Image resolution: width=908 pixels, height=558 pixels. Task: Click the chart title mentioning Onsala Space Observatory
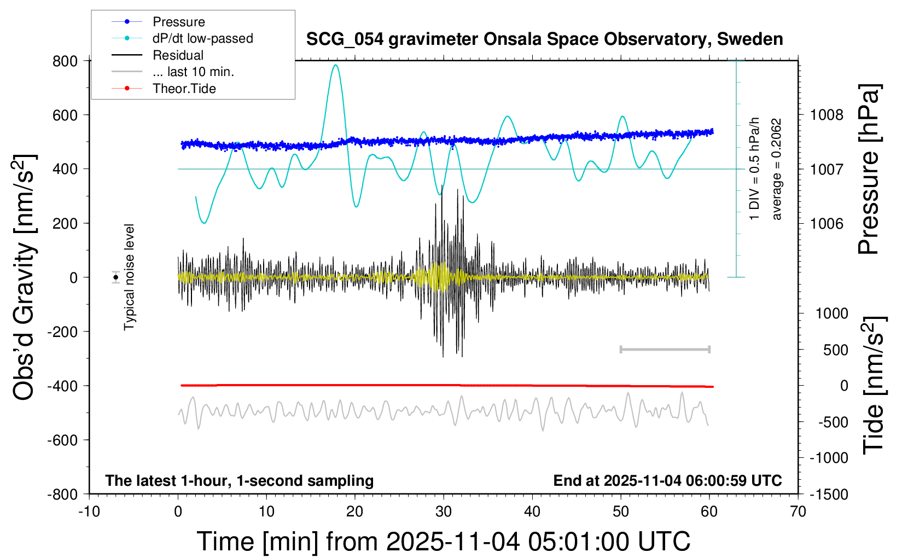point(544,39)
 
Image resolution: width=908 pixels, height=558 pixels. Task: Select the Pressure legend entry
point(178,22)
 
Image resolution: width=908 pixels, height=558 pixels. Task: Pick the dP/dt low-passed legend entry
point(202,38)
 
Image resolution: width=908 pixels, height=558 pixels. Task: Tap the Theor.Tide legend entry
point(184,89)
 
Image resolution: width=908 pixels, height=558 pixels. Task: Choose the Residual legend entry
point(178,55)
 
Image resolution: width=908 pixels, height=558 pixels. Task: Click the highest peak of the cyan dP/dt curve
point(335,65)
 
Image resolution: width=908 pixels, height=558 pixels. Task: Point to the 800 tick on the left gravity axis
point(65,61)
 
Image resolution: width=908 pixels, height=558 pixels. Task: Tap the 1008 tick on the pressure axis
point(826,115)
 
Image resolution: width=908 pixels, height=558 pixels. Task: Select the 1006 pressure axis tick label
point(826,223)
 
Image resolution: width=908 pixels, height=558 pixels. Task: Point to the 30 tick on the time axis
point(444,512)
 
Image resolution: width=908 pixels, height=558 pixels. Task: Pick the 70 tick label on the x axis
point(798,512)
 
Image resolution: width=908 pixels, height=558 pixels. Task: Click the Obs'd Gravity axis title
point(25,277)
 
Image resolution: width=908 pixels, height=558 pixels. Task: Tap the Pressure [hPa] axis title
point(868,170)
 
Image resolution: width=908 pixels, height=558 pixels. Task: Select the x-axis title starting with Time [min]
point(443,542)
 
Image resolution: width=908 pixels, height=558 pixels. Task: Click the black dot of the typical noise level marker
point(116,277)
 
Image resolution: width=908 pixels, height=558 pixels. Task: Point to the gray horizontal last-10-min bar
point(665,349)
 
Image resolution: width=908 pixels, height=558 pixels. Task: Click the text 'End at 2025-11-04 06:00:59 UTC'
point(667,480)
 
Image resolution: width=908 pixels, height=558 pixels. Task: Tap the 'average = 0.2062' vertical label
point(777,170)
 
